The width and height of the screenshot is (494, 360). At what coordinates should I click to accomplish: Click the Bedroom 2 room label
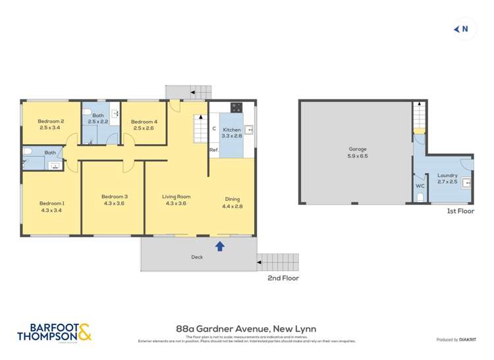tap(50, 121)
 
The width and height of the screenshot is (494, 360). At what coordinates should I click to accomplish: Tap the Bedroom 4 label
tap(144, 122)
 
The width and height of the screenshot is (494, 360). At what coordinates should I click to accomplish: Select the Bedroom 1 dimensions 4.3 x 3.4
tap(51, 211)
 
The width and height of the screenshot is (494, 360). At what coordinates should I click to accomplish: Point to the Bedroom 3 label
tap(114, 197)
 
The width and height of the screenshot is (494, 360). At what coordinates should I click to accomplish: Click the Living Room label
tap(177, 197)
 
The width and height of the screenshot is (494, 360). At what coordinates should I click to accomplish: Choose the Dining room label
tap(232, 199)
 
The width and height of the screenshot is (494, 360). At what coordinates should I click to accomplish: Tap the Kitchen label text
tap(231, 130)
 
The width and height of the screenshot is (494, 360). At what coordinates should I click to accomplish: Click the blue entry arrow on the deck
tap(220, 246)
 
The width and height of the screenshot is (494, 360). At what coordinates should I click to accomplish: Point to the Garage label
tap(358, 149)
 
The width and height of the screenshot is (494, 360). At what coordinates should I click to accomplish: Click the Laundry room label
tap(447, 176)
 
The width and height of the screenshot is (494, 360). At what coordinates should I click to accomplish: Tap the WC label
tap(420, 186)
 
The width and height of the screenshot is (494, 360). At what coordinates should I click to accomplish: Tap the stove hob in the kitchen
tap(236, 107)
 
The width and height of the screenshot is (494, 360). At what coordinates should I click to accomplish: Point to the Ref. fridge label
tap(213, 151)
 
